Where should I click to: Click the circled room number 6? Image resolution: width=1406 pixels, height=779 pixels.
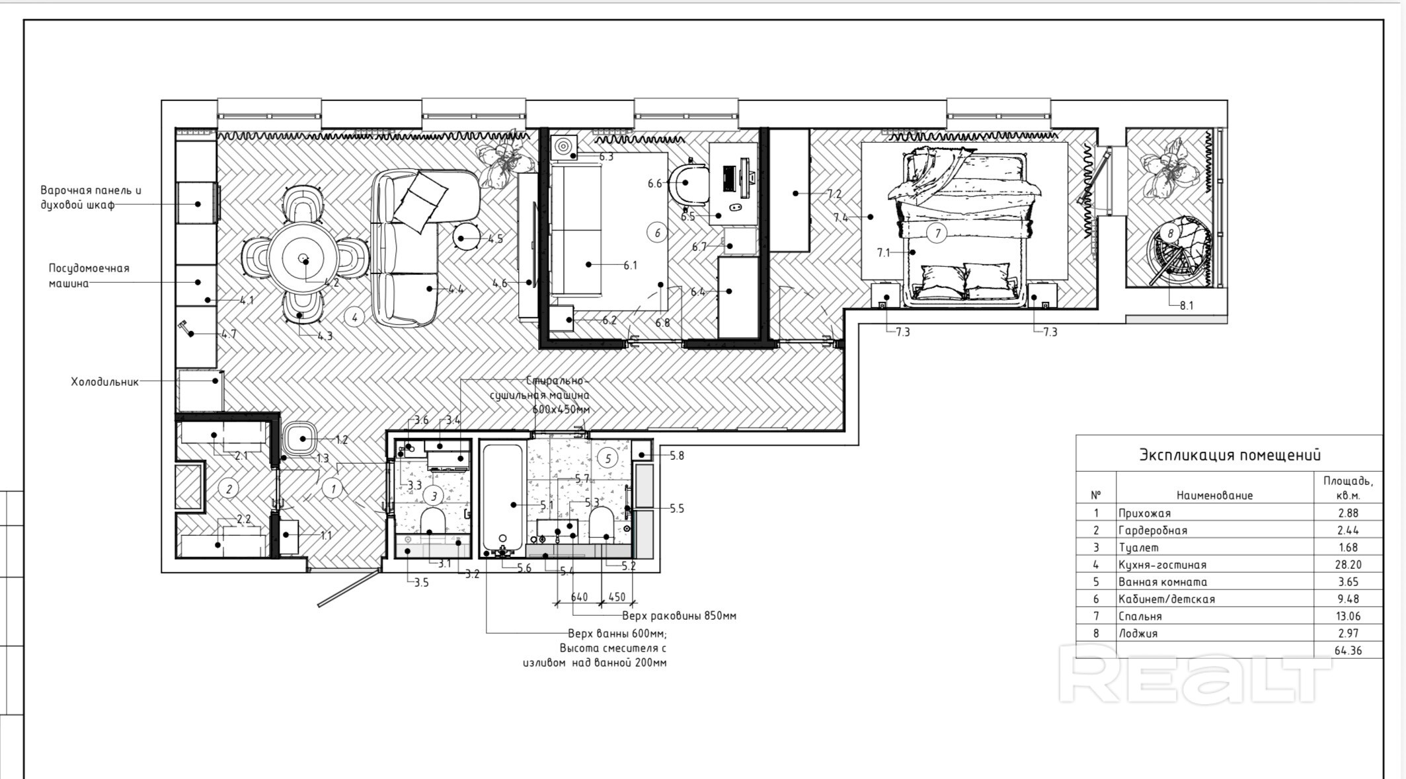tap(657, 233)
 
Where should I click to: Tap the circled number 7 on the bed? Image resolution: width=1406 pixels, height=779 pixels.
tap(937, 233)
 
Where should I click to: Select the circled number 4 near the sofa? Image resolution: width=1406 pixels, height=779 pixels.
tap(355, 317)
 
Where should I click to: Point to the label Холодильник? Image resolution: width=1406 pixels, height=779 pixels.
tap(105, 382)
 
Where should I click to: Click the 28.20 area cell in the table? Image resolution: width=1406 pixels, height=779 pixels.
tap(1348, 565)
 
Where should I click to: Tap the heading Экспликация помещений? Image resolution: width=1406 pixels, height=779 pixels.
tap(1230, 455)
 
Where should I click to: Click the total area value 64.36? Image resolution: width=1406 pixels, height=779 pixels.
tap(1348, 651)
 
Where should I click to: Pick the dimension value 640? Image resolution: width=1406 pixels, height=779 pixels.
tap(579, 597)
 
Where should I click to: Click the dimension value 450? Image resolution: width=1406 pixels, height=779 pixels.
tap(617, 597)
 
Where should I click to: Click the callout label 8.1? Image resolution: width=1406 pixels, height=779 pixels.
tap(1187, 306)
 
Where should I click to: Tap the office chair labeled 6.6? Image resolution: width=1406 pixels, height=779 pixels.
tap(688, 184)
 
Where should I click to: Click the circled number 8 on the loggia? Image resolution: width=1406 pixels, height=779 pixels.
tap(1171, 233)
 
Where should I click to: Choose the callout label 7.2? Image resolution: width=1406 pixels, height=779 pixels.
tap(834, 194)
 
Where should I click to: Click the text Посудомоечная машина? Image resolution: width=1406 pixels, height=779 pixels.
tap(89, 276)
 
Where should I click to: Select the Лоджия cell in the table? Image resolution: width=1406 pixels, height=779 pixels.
tap(1138, 634)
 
